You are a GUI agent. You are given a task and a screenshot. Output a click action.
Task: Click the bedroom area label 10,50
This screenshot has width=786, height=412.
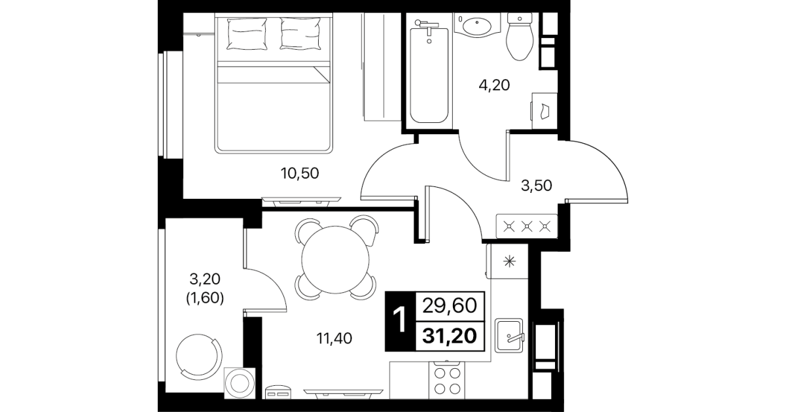300,173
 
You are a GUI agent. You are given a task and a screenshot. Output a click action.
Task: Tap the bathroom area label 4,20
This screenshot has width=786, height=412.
494,85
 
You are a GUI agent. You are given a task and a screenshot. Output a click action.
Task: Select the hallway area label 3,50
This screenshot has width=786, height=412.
536,186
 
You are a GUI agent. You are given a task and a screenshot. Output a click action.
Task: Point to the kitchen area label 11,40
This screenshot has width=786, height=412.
334,339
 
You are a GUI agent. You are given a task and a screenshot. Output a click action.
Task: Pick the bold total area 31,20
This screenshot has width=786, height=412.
450,336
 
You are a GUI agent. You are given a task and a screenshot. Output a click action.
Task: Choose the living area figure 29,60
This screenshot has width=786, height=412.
450,305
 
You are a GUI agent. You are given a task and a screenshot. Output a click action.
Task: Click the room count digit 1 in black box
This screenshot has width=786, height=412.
400,320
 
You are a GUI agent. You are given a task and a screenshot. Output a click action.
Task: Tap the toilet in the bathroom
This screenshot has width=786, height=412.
520,36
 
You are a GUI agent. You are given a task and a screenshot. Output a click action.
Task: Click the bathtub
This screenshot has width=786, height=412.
429,72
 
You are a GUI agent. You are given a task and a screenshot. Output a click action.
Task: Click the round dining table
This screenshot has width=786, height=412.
335,260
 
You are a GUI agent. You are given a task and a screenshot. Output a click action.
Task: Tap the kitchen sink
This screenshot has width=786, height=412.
509,335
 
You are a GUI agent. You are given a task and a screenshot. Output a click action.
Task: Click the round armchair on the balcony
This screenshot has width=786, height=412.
199,356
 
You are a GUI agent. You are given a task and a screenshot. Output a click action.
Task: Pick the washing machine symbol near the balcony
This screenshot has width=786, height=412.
240,383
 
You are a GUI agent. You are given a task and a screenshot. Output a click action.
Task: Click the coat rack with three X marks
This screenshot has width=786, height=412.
527,226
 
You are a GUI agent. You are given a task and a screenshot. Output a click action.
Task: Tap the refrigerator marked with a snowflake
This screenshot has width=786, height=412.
507,261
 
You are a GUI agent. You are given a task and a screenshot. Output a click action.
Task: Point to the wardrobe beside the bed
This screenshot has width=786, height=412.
382,67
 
